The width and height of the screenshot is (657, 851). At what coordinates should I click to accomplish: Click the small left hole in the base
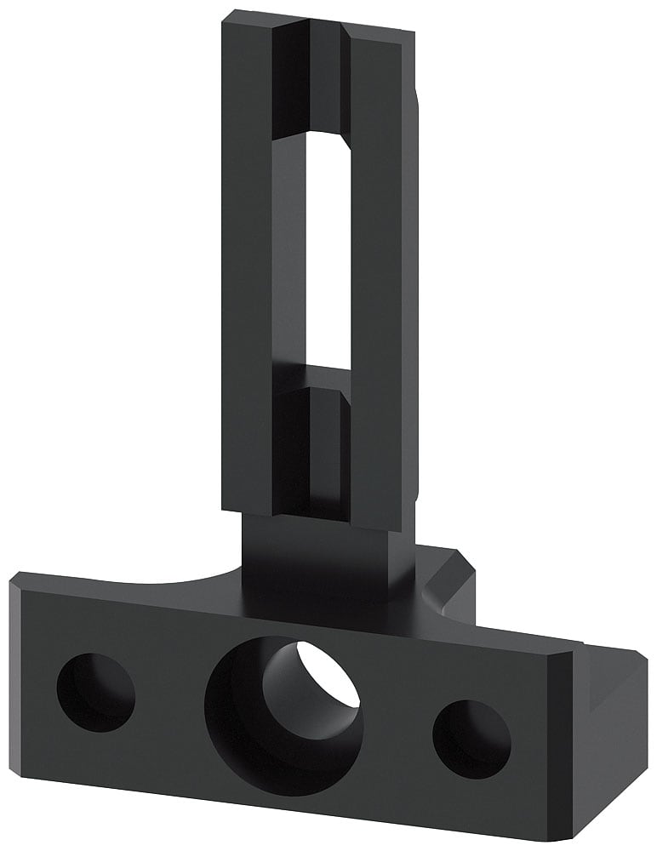point(95,692)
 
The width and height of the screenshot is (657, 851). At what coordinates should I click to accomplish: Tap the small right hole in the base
point(471,739)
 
